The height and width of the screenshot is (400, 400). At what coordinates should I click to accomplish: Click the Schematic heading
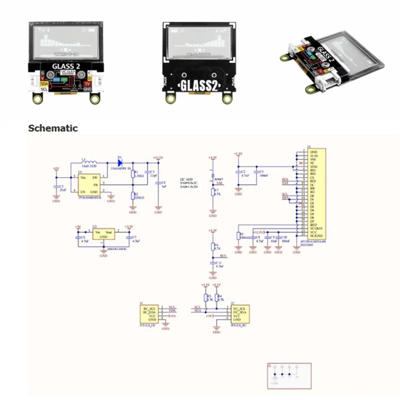pyautogui.click(x=53, y=128)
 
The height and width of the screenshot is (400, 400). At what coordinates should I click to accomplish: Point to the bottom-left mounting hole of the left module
pyautogui.click(x=36, y=98)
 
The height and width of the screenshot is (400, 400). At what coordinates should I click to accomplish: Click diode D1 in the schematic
pyautogui.click(x=120, y=163)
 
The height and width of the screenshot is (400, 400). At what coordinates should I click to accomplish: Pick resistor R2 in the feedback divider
pyautogui.click(x=132, y=195)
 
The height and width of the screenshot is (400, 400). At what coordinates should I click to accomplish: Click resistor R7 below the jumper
pyautogui.click(x=213, y=192)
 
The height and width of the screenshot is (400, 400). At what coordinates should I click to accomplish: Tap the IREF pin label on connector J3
pyautogui.click(x=314, y=224)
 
